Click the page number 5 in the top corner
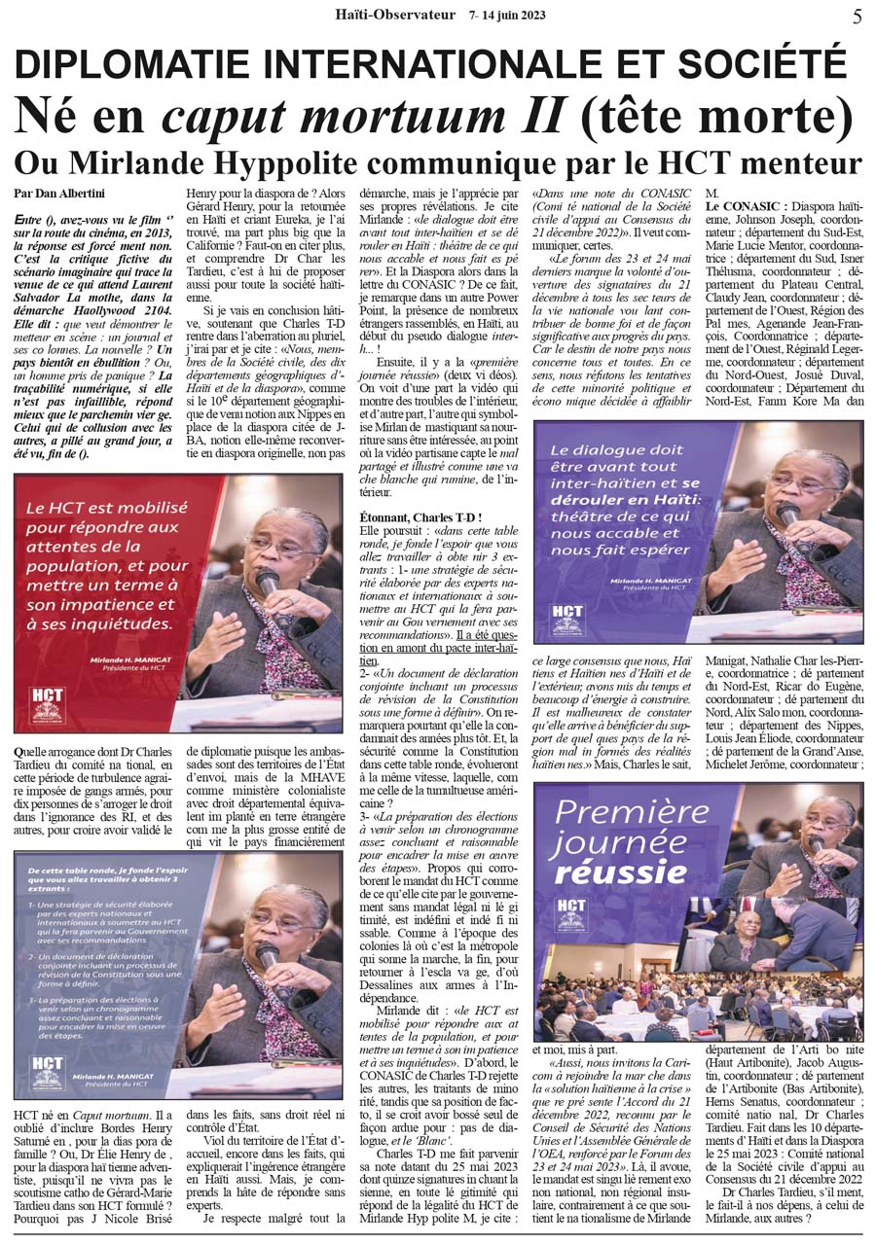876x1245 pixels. pyautogui.click(x=857, y=17)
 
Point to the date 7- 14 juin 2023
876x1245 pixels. pyautogui.click(x=507, y=16)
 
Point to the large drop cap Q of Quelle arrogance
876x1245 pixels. pyautogui.click(x=20, y=752)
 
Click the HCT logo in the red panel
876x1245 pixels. pyautogui.click(x=48, y=702)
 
